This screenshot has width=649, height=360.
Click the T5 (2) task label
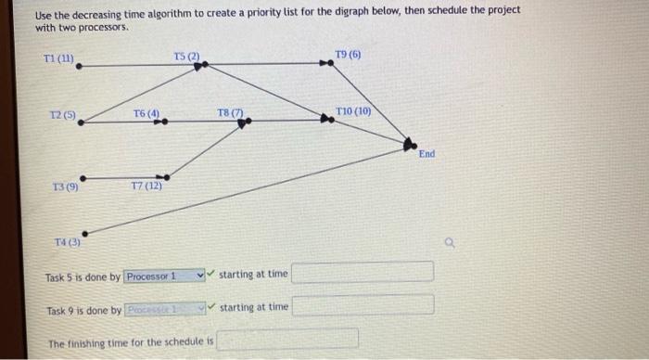click(x=186, y=58)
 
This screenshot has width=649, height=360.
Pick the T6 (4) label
click(x=146, y=114)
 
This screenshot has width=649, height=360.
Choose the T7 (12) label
click(x=146, y=186)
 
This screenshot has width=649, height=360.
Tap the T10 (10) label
click(x=353, y=110)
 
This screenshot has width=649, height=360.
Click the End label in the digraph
click(x=426, y=154)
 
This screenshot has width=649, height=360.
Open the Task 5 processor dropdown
click(x=164, y=276)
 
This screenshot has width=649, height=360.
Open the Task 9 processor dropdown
click(x=164, y=307)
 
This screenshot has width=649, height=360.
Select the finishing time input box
click(x=287, y=341)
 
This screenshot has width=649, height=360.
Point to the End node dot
click(x=409, y=143)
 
